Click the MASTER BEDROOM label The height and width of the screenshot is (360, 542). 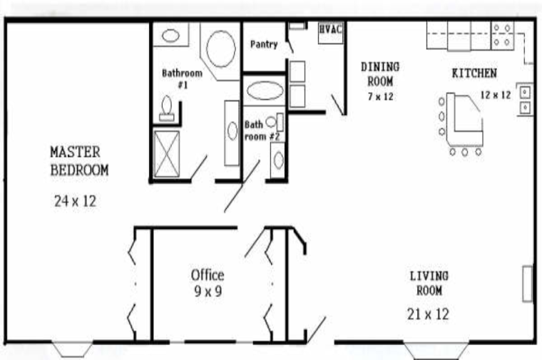coord(79,161)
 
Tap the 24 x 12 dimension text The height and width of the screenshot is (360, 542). coord(76,201)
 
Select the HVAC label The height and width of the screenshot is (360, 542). coord(330,29)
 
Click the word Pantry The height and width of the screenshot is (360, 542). coord(264,44)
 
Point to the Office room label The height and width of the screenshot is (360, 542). coord(208,275)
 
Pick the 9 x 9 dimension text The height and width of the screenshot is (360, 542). coord(208,292)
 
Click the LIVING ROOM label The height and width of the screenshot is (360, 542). coord(429,283)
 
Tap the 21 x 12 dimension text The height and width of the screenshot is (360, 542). coord(429,314)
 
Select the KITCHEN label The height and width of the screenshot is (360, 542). coord(474,73)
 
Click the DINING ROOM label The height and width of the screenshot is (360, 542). coord(380,74)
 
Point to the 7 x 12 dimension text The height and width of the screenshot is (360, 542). coord(381,96)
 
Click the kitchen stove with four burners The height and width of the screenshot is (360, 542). coord(502,35)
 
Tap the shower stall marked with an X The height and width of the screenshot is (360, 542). coord(167,154)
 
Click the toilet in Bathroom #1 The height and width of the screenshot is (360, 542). coord(167,108)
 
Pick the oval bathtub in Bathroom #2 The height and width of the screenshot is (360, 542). coord(265,91)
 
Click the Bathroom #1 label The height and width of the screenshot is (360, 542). coord(182,78)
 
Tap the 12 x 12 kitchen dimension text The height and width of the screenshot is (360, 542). coord(496,95)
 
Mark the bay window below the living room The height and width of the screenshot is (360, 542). coord(436,349)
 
